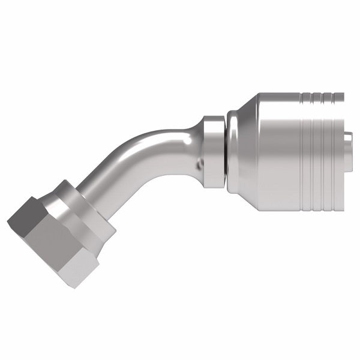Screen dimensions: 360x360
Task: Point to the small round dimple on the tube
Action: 199,163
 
